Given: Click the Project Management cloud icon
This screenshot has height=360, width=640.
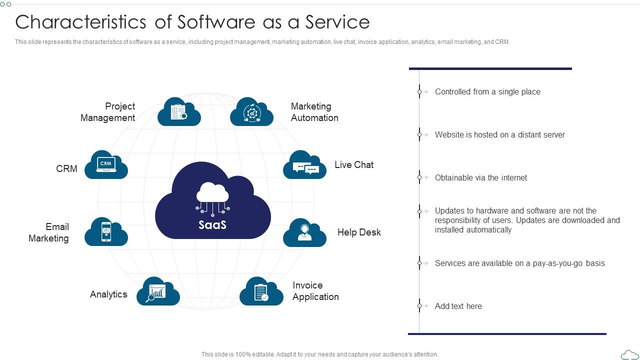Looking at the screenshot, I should (179, 112).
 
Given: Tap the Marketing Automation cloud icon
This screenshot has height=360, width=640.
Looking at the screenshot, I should (251, 112).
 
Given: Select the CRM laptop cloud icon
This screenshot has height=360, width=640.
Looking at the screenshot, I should (106, 165).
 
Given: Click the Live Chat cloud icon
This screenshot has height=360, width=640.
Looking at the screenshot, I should (304, 165).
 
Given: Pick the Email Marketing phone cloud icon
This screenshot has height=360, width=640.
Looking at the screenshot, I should (106, 232).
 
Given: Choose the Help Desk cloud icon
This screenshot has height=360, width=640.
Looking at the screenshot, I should (304, 233).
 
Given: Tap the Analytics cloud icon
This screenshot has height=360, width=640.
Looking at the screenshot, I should (158, 291).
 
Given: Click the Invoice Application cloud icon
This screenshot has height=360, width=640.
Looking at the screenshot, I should (261, 291).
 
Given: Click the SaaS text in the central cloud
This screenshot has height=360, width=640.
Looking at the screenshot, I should (212, 225).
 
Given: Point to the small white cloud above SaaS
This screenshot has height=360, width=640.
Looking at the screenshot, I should (212, 192).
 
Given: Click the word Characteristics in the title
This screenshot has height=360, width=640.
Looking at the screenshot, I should (80, 22).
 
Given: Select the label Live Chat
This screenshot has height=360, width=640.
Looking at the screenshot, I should (354, 165).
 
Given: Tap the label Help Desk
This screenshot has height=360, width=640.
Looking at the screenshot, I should (359, 232).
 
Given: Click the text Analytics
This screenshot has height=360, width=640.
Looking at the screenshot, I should (108, 294).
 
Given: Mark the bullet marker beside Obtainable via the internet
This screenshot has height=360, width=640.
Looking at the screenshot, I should (420, 177).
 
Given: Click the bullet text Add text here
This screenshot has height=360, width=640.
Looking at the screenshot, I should (458, 306).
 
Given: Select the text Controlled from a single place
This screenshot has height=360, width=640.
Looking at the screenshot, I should (487, 92).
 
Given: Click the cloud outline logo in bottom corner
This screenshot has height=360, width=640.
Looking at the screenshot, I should (629, 354).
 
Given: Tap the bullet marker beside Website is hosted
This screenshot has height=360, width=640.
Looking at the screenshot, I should (420, 134).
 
